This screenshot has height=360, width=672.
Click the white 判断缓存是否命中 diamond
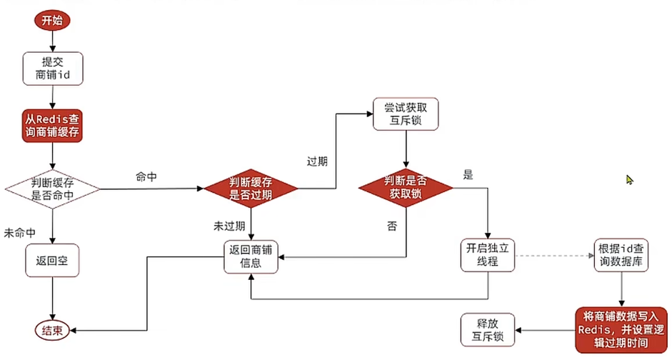(x=52, y=189)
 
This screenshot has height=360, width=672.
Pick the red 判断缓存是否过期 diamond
(x=251, y=189)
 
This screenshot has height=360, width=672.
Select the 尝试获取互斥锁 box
(x=406, y=114)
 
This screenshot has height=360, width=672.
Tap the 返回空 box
(x=52, y=261)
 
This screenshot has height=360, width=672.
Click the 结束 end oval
(x=52, y=330)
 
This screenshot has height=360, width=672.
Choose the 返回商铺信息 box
(x=251, y=256)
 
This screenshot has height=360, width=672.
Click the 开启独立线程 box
(x=488, y=256)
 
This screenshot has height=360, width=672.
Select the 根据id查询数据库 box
(x=621, y=256)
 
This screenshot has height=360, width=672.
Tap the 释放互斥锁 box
(x=488, y=330)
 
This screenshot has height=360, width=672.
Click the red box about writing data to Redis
(x=621, y=329)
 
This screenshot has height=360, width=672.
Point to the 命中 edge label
(x=146, y=176)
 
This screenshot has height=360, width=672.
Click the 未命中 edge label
(x=19, y=234)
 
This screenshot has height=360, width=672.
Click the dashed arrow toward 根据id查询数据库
(x=554, y=256)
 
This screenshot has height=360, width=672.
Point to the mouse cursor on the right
(x=630, y=180)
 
